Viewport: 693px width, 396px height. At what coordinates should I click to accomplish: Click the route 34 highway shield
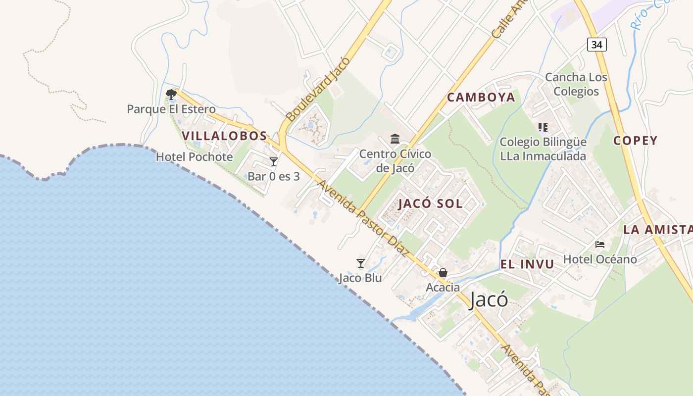click(597, 45)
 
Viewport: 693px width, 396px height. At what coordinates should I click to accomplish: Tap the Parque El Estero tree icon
click(171, 94)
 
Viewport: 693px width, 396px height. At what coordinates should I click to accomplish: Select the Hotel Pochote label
click(194, 157)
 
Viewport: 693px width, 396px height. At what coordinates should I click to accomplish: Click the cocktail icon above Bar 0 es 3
click(273, 162)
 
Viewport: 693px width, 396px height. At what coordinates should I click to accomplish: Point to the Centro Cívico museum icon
click(395, 139)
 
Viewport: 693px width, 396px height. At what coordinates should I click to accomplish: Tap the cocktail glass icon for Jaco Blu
click(361, 263)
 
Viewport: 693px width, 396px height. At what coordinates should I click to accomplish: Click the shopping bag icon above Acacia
click(443, 273)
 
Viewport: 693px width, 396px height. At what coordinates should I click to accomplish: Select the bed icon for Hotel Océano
click(600, 245)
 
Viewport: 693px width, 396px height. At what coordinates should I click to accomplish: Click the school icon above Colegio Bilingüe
click(543, 127)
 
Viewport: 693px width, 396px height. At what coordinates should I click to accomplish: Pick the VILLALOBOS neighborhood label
click(224, 136)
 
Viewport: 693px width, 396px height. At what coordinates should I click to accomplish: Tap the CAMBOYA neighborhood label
click(481, 98)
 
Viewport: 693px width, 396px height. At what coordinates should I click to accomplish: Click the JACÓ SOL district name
click(431, 203)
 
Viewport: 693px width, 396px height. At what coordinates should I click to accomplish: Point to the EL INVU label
click(527, 264)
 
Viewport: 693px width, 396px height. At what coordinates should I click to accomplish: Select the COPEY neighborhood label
click(636, 141)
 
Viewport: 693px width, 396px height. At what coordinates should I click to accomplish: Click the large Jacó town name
click(488, 300)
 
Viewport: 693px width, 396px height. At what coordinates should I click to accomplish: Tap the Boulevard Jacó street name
click(318, 89)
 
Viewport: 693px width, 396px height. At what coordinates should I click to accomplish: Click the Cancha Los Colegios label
click(576, 84)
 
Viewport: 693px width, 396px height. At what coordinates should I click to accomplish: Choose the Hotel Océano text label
click(600, 259)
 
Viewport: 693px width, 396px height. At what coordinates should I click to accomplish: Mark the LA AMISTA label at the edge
click(658, 230)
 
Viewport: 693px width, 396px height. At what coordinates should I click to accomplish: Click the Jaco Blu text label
click(360, 278)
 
